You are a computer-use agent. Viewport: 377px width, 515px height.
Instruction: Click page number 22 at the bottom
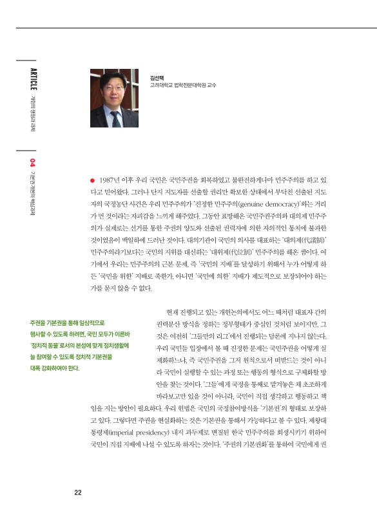tap(77, 493)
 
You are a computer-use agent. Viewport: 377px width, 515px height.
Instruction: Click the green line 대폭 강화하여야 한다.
tap(55, 368)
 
